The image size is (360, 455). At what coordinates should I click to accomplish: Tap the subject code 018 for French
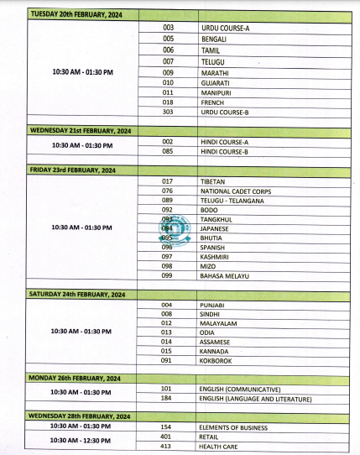click(168, 102)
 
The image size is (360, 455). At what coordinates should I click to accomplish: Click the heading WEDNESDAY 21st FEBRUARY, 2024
click(78, 131)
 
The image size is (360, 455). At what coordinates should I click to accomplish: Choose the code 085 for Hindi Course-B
click(168, 152)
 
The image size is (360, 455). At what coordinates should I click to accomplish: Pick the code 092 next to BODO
click(168, 209)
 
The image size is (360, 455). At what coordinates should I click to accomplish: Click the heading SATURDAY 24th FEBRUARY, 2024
click(77, 294)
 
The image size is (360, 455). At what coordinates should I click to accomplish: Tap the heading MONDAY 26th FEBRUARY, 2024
click(74, 379)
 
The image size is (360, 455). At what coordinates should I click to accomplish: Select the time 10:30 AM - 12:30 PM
click(93, 440)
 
